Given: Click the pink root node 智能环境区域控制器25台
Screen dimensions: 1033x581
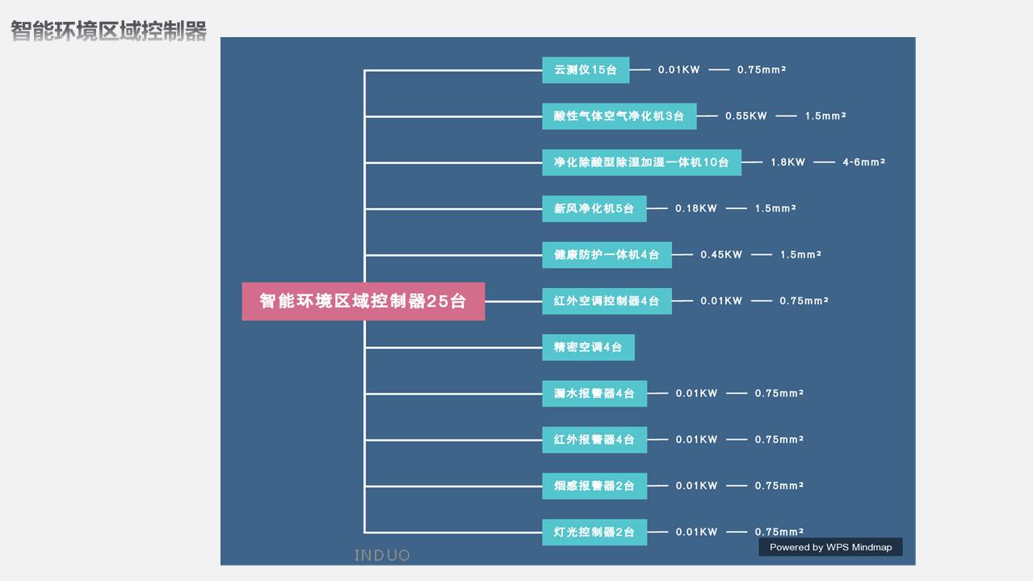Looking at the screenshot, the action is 363,301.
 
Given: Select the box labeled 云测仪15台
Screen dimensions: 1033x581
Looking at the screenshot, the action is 586,70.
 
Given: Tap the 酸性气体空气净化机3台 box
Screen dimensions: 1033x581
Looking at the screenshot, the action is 619,116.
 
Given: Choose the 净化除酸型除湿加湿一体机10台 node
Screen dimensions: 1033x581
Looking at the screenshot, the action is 642,162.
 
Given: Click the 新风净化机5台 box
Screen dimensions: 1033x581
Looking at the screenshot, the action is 594,209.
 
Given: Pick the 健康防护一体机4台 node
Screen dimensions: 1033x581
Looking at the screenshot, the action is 607,255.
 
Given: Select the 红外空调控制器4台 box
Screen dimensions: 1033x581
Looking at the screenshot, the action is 607,301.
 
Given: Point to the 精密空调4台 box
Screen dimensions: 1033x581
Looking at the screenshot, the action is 589,348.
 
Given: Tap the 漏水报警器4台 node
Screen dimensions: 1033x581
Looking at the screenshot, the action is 594,394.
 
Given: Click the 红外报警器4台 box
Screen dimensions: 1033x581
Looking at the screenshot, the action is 594,440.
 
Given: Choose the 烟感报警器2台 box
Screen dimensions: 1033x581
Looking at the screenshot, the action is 594,486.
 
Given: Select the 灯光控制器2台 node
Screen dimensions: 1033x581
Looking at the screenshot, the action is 594,532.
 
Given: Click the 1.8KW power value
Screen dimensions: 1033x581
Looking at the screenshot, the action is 787,162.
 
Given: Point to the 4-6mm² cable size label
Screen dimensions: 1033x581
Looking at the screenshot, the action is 863,161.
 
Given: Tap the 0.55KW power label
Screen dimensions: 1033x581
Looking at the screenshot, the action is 746,116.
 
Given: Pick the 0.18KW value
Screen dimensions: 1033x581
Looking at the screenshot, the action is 696,209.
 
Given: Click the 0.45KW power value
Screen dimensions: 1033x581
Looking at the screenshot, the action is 721,255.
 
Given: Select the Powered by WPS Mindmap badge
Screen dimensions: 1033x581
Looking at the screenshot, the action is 830,547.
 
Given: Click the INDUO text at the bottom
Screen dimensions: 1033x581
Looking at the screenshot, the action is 382,556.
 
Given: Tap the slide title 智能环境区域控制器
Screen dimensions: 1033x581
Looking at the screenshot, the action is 109,31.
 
